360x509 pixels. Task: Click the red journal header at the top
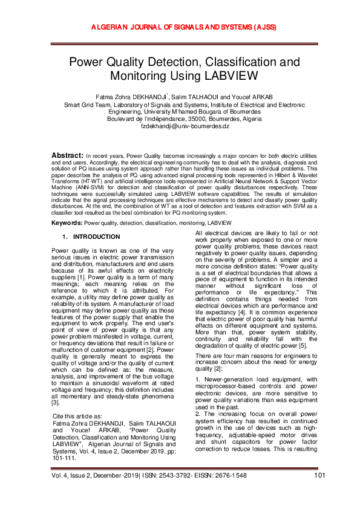point(180,27)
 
